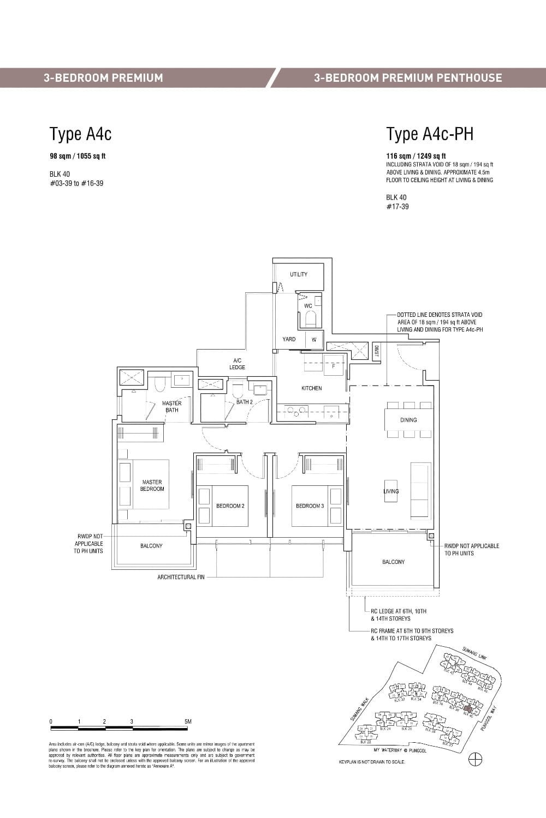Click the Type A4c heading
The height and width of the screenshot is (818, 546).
81,134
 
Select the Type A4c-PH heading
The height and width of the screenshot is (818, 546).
430,134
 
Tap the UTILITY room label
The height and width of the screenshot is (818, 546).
299,274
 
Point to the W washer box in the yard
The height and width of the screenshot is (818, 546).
314,340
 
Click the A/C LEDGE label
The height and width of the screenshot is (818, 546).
238,364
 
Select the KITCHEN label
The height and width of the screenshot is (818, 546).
312,388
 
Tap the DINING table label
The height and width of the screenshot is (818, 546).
408,420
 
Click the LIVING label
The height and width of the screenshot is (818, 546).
391,491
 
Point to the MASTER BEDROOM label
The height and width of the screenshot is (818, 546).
152,485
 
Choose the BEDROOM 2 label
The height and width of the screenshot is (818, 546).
230,506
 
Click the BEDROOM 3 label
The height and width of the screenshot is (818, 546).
310,506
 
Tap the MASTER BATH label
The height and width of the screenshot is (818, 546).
171,407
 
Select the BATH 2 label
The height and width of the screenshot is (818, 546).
244,402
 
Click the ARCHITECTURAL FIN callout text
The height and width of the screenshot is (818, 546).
181,577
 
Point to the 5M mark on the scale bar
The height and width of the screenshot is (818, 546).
188,721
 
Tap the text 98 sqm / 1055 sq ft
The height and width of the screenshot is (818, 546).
78,156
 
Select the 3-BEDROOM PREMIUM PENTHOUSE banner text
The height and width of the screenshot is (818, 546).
408,78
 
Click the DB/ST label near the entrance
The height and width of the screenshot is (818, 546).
376,351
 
